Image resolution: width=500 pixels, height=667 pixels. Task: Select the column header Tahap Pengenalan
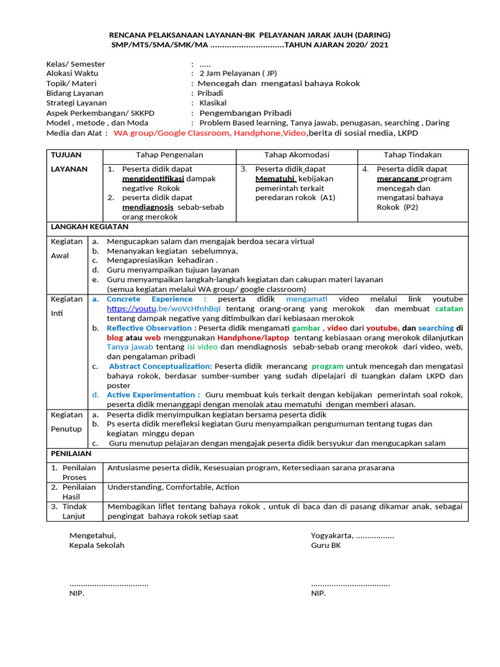[x=169, y=154]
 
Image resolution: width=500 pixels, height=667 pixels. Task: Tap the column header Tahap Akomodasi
[x=296, y=154]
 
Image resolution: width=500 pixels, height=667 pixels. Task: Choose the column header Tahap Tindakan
[x=412, y=154]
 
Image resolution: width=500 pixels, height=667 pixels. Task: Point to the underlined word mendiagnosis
[x=147, y=207]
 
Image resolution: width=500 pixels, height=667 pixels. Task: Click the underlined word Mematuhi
[x=276, y=178]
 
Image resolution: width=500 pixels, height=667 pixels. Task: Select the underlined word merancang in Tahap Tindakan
[x=398, y=178]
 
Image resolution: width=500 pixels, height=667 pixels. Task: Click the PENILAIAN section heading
[x=71, y=453]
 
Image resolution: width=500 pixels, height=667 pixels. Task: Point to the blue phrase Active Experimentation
[x=153, y=395]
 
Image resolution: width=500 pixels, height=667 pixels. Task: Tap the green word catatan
[x=449, y=309]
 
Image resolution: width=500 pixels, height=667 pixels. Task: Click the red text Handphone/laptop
[x=254, y=338]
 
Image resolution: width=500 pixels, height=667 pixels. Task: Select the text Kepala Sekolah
[x=96, y=545]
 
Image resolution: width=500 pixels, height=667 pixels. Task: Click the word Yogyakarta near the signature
[x=332, y=535]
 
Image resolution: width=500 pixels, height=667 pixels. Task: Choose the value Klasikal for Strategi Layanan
[x=213, y=103]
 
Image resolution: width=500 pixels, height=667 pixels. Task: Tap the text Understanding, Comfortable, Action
[x=173, y=487]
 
